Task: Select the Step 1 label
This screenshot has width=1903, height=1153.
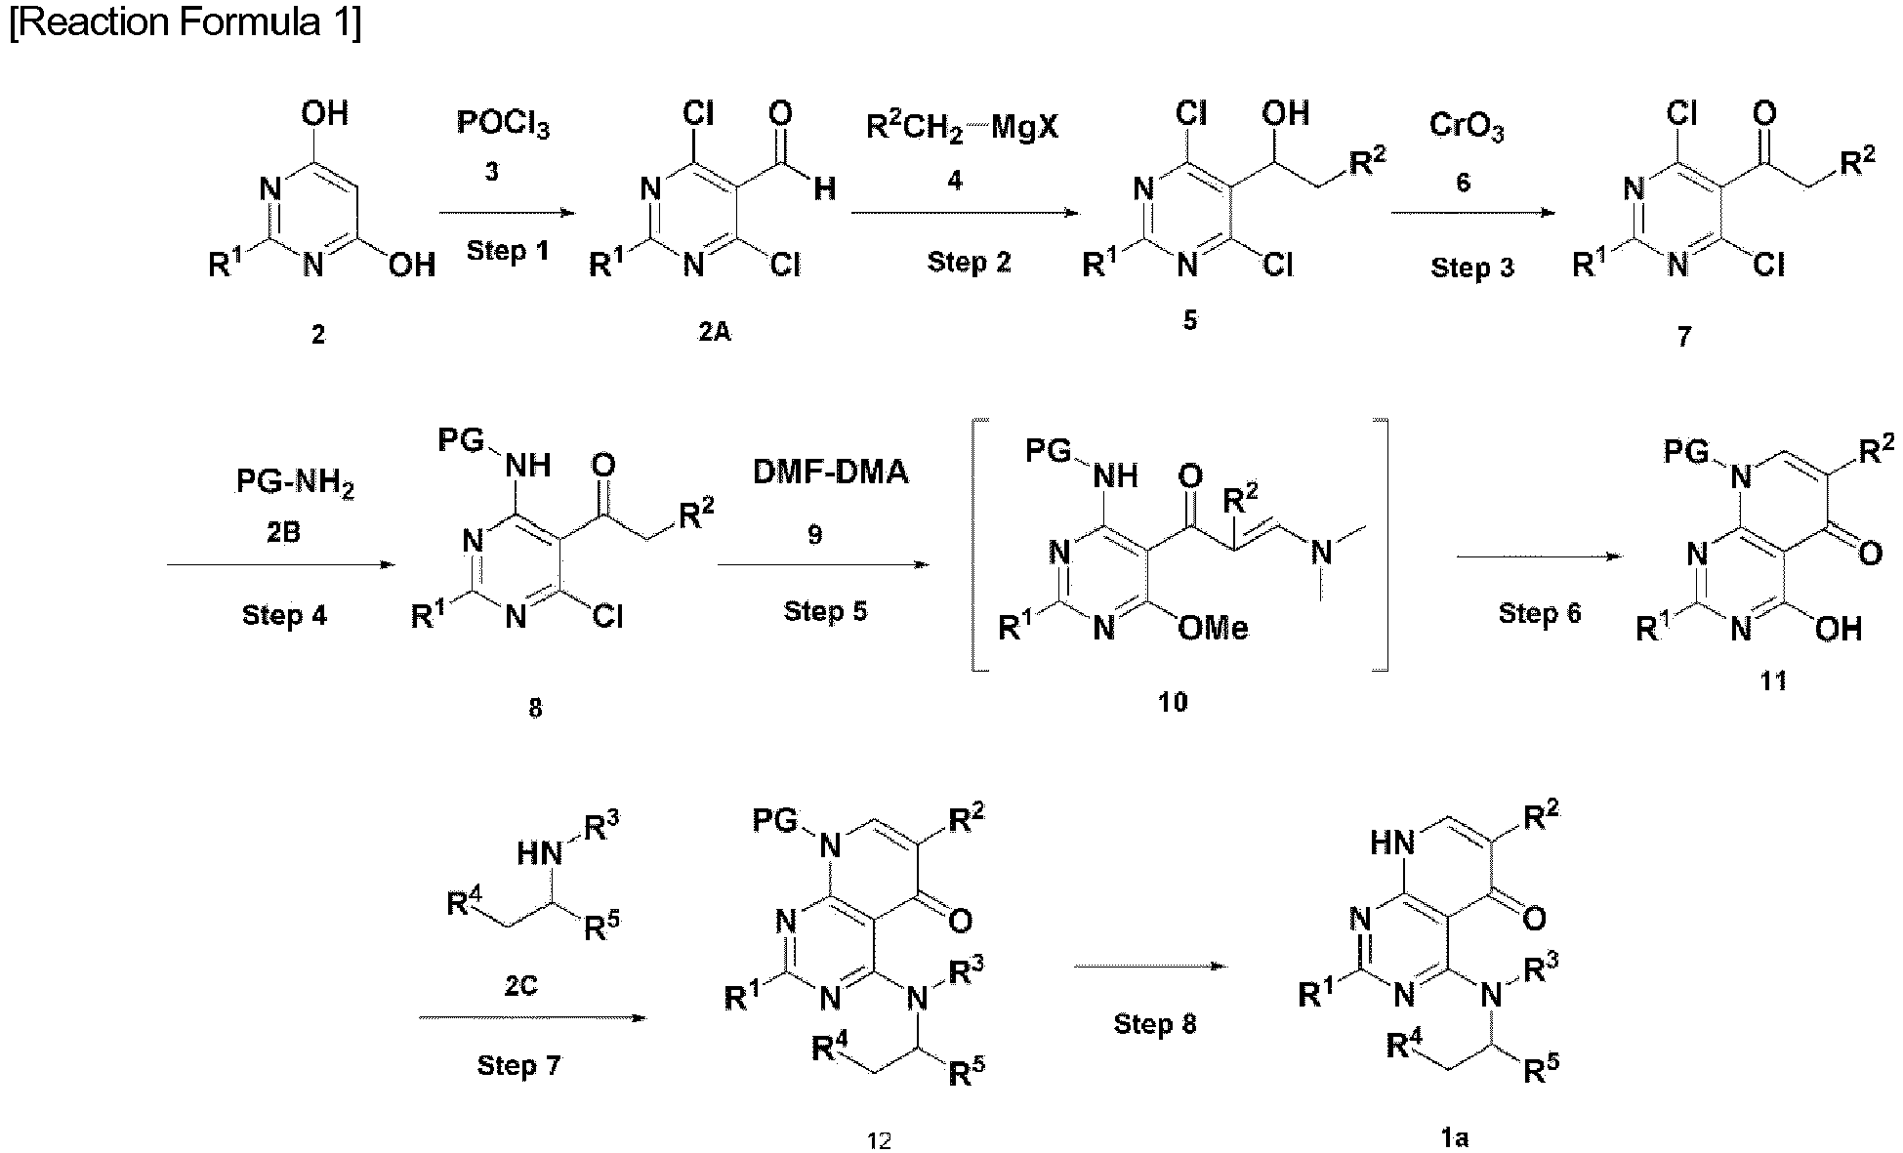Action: point(508,251)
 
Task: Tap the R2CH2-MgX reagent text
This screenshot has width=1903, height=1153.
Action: point(962,127)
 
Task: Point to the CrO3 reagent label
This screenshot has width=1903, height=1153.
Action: point(1466,127)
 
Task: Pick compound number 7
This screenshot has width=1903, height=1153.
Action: point(1683,337)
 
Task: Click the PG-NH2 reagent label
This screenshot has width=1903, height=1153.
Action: point(294,483)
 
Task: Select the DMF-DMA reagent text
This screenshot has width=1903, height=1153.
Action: point(830,473)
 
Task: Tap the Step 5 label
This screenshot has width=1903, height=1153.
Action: point(825,611)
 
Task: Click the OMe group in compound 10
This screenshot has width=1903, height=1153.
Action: point(1213,628)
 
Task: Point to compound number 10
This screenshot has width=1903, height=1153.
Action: point(1173,701)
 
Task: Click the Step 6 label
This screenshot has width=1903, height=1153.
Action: point(1540,613)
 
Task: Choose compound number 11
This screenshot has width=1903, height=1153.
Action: point(1773,680)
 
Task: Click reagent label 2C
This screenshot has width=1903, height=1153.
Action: point(520,986)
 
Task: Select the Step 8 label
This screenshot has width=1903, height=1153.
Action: point(1155,1023)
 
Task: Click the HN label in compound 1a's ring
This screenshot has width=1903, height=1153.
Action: point(1392,842)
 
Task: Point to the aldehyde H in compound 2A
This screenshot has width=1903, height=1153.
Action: point(824,187)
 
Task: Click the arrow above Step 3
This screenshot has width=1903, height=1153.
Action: point(1473,212)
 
